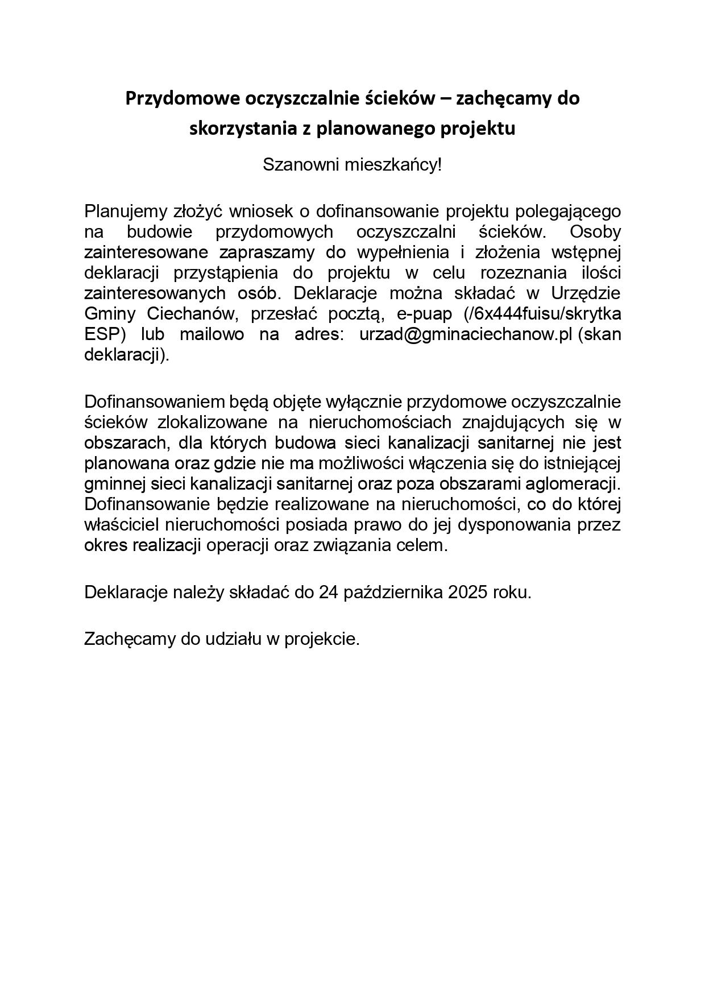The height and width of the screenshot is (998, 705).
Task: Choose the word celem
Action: click(425, 545)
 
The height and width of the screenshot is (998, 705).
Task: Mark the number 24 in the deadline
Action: click(329, 592)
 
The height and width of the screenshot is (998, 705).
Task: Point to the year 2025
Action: click(468, 592)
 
